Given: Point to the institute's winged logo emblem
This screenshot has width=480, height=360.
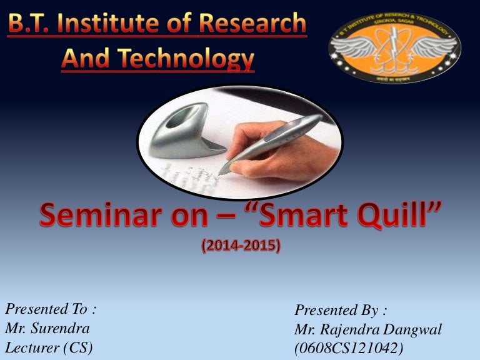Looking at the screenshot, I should click(394, 49).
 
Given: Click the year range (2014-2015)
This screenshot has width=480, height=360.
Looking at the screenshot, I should click(241, 246).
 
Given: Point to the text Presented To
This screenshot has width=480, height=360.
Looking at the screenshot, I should click(51, 309).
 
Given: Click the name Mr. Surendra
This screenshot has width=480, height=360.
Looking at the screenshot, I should click(47, 327).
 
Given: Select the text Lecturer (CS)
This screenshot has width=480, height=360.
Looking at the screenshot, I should click(49, 347).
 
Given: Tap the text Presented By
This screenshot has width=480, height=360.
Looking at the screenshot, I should click(341, 311).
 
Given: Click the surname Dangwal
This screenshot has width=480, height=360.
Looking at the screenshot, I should click(412, 329).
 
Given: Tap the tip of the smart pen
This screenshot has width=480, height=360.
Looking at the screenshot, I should click(220, 171).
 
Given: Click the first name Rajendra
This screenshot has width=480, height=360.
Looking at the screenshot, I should click(351, 329).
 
